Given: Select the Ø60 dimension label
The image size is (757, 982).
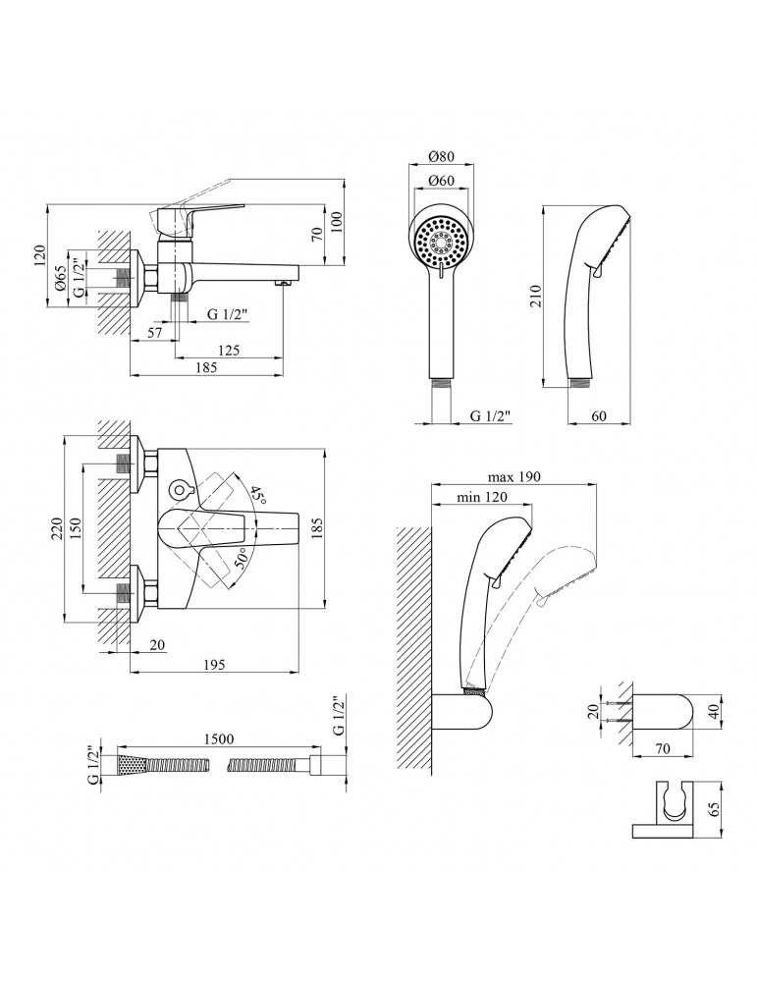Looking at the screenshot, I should (441, 181).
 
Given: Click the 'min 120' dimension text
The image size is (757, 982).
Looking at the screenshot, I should (481, 498).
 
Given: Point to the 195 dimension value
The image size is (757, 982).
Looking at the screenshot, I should (214, 665).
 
